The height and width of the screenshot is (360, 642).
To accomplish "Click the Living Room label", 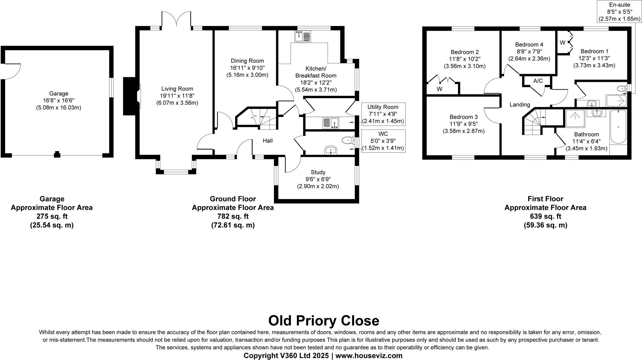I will pyautogui.click(x=177, y=89).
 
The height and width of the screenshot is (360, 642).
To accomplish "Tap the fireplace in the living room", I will pyautogui.click(x=129, y=96).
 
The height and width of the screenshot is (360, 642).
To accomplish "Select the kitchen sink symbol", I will pyautogui.click(x=303, y=37).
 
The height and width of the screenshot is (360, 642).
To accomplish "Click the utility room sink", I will pyautogui.click(x=330, y=123).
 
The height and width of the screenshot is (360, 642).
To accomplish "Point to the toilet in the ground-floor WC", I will pyautogui.click(x=347, y=140).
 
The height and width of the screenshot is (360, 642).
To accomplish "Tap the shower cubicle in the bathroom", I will pyautogui.click(x=575, y=118).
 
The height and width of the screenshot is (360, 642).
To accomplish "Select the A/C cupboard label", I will pyautogui.click(x=538, y=81).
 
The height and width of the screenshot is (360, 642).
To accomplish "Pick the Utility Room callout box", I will pyautogui.click(x=383, y=114).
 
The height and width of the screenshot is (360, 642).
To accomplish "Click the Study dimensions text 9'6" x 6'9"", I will pyautogui.click(x=318, y=179).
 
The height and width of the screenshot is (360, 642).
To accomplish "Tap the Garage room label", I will pyautogui.click(x=59, y=93).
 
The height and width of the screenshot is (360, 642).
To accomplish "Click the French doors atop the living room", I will pyautogui.click(x=176, y=19).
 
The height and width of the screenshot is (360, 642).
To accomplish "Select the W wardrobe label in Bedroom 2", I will pyautogui.click(x=439, y=89).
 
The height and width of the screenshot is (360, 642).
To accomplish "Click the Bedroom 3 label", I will pyautogui.click(x=463, y=117).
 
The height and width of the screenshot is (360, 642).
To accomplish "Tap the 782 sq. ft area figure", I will pyautogui.click(x=233, y=216).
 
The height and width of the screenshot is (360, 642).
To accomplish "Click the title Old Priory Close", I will pyautogui.click(x=324, y=321).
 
